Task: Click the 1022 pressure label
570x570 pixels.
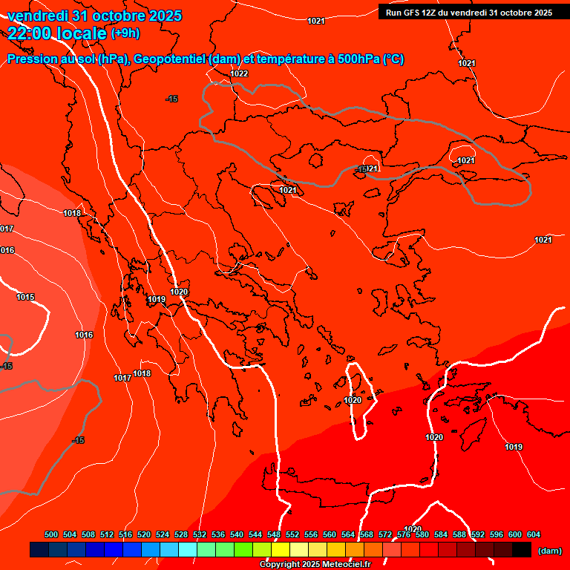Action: [239, 73]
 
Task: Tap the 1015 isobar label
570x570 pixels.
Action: [25, 297]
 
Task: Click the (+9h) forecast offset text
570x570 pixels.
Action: [125, 33]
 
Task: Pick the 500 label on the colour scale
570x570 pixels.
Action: [51, 534]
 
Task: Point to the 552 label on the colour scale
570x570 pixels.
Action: [292, 534]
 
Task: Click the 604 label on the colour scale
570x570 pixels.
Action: [534, 534]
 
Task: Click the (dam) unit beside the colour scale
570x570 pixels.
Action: [549, 550]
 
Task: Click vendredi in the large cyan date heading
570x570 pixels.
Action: [38, 16]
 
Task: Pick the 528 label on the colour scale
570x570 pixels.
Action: [181, 534]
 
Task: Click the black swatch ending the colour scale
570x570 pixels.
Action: [522, 550]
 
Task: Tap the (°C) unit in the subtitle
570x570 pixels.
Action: [393, 59]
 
